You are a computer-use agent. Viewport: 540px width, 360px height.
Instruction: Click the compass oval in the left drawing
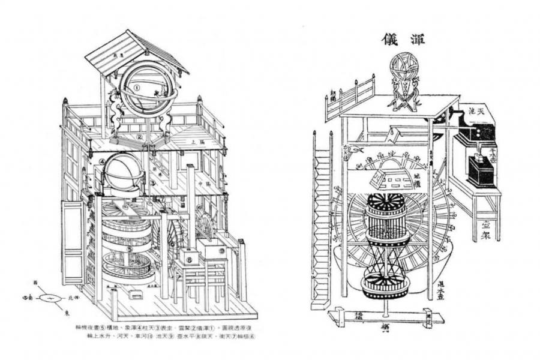50,298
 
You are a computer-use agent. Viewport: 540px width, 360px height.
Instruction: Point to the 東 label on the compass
65,313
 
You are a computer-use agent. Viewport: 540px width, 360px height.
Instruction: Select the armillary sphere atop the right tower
404,73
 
